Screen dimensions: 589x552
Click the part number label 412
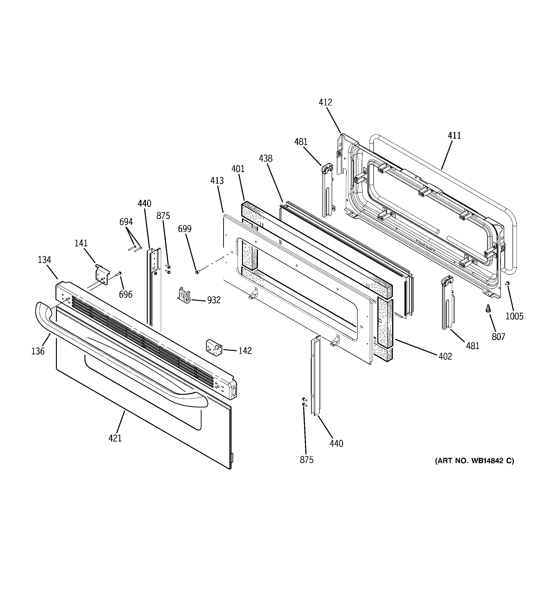tap(325, 103)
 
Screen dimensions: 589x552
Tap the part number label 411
tap(454, 136)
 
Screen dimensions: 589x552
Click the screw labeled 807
tap(488, 309)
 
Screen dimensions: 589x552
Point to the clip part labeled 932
tap(184, 294)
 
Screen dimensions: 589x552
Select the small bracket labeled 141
tap(102, 274)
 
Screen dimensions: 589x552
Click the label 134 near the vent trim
tap(44, 260)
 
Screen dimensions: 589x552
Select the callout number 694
tap(126, 222)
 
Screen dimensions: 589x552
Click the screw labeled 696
tap(120, 273)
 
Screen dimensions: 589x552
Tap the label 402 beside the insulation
tap(445, 356)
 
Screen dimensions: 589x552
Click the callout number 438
tap(266, 158)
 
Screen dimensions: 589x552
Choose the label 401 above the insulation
tap(238, 169)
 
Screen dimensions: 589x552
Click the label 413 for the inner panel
tap(217, 181)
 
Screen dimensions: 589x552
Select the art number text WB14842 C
tap(474, 461)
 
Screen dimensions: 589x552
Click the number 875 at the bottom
tap(306, 460)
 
